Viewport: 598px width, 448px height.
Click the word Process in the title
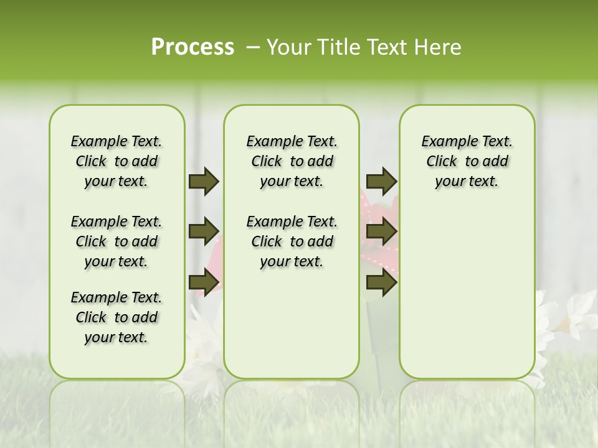click(192, 47)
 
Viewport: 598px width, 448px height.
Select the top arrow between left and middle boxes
click(204, 182)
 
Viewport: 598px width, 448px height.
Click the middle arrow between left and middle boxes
click(204, 231)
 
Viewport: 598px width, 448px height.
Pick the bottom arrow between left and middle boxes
click(204, 282)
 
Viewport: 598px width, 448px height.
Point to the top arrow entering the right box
click(381, 182)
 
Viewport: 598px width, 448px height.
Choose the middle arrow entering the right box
click(381, 231)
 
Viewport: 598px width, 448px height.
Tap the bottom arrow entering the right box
click(381, 282)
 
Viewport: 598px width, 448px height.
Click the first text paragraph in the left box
click(116, 161)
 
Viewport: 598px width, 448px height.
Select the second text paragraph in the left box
click(116, 241)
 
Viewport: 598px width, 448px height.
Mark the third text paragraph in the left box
click(116, 317)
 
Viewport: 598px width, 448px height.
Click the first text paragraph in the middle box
click(292, 161)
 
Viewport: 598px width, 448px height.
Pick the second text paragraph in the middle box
click(292, 241)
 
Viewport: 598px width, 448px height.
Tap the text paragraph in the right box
click(467, 161)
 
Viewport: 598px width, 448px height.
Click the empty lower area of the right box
click(467, 299)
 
